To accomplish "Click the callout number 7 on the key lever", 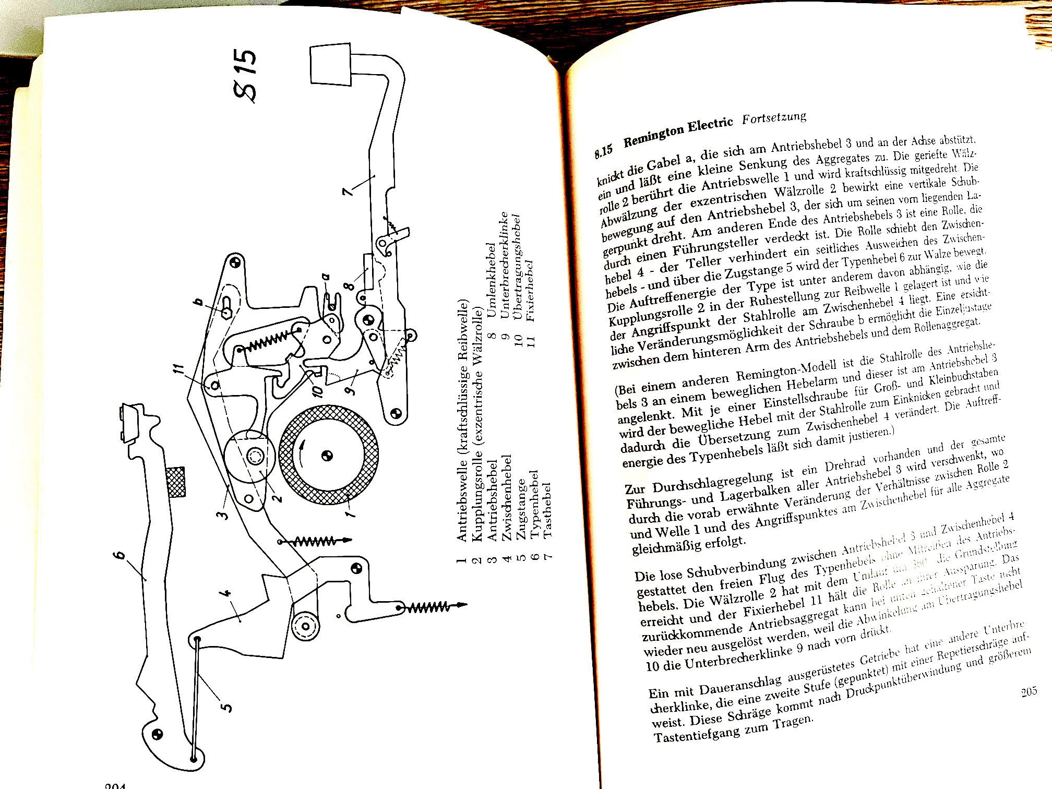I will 348,190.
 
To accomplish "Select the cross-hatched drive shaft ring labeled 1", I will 329,455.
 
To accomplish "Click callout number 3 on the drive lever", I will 223,515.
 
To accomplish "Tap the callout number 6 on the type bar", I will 120,555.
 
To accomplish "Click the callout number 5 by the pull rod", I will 226,708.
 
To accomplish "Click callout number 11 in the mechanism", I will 179,369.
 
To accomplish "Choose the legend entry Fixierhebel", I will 530,290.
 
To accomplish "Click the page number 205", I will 1029,692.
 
